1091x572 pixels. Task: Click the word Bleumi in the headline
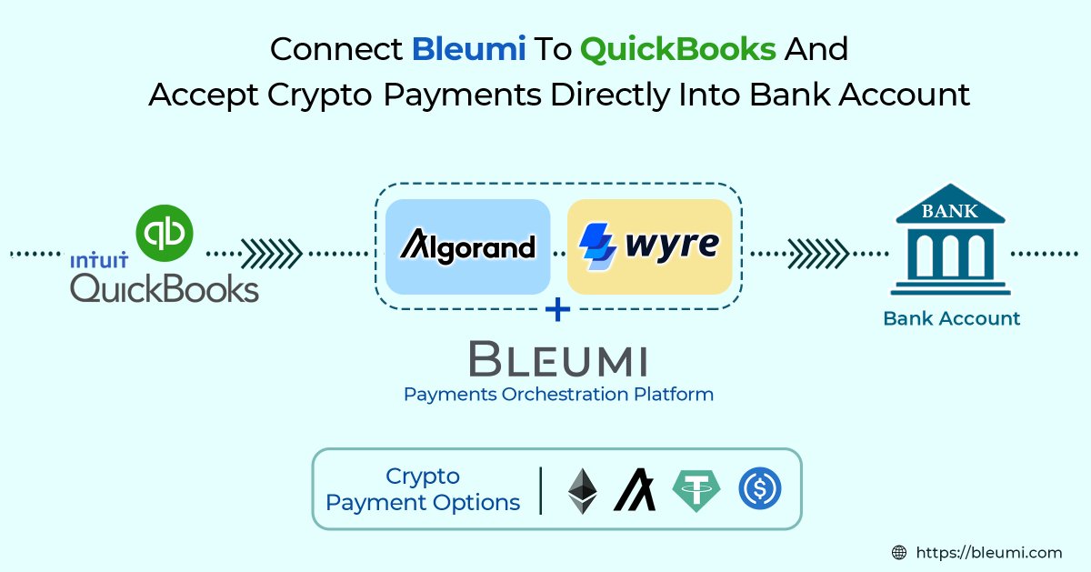pyautogui.click(x=469, y=49)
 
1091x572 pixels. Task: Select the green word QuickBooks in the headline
pyautogui.click(x=677, y=49)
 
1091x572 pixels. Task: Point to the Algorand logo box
pyautogui.click(x=467, y=246)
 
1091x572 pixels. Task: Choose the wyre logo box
pyautogui.click(x=649, y=246)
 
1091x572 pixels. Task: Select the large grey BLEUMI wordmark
pyautogui.click(x=557, y=358)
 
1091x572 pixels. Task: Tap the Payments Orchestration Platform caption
pyautogui.click(x=557, y=395)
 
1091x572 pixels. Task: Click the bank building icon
pyautogui.click(x=950, y=241)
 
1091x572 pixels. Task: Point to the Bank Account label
pyautogui.click(x=951, y=318)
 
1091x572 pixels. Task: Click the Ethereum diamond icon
pyautogui.click(x=583, y=490)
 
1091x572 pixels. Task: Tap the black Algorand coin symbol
pyautogui.click(x=635, y=490)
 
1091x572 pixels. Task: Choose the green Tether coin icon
pyautogui.click(x=696, y=490)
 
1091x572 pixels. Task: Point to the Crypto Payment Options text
pyautogui.click(x=423, y=489)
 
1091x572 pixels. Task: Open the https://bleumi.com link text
pyautogui.click(x=989, y=551)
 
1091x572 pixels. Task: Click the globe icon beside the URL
pyautogui.click(x=899, y=551)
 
